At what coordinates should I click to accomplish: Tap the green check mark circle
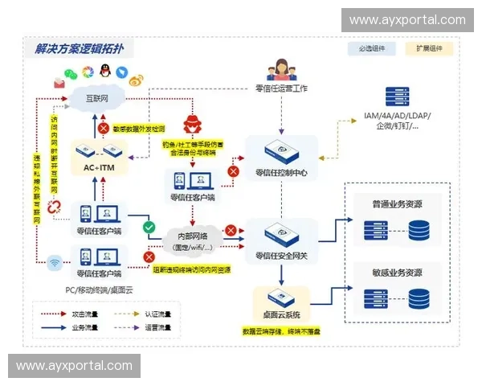pos(149,228)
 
